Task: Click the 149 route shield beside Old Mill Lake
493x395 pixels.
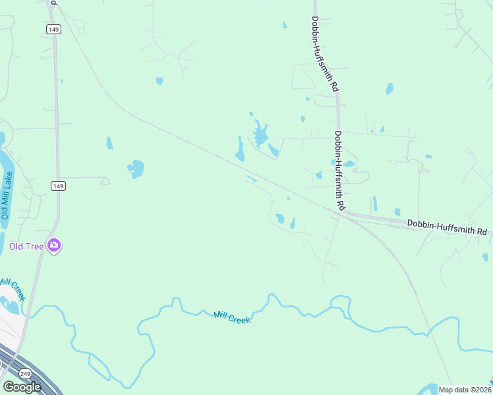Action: [x=58, y=186]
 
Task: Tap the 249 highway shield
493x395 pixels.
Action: [x=25, y=373]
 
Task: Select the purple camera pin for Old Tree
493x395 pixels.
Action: [x=54, y=246]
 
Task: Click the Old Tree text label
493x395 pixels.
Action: [x=26, y=247]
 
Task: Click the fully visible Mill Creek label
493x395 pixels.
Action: [x=232, y=317]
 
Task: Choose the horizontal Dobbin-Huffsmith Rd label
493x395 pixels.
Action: [x=447, y=228]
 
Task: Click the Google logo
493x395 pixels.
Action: [x=22, y=386]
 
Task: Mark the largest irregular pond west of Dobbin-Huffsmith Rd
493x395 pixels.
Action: [x=260, y=135]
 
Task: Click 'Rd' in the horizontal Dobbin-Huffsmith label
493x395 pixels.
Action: [x=482, y=232]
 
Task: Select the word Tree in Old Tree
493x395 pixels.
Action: [x=35, y=247]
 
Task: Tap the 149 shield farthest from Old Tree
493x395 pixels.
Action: [x=53, y=29]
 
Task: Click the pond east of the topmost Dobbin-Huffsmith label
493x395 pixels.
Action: [x=390, y=88]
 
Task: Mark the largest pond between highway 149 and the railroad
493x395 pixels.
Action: [x=136, y=169]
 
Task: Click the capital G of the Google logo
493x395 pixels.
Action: [x=8, y=386]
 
